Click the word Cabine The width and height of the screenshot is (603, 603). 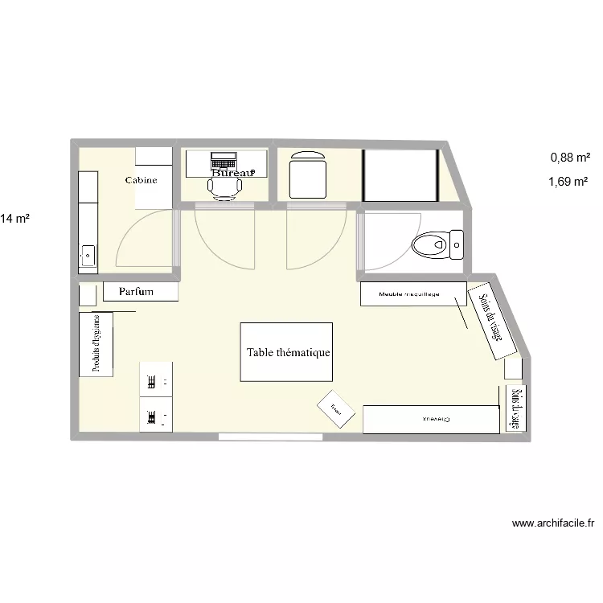pos(141,180)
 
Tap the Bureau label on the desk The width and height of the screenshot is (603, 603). pos(233,172)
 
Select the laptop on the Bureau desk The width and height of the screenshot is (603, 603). pos(224,159)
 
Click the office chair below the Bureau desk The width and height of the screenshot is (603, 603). pos(225,187)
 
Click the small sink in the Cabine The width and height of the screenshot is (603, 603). pos(88,257)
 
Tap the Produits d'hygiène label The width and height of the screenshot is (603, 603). pos(96,343)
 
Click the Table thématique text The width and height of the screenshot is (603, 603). pos(289,352)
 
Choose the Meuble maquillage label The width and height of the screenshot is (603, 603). pos(410,294)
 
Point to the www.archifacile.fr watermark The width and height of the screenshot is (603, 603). pos(553,523)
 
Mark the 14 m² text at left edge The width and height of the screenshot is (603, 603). pos(15,219)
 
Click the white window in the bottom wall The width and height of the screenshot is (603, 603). pos(270,437)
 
